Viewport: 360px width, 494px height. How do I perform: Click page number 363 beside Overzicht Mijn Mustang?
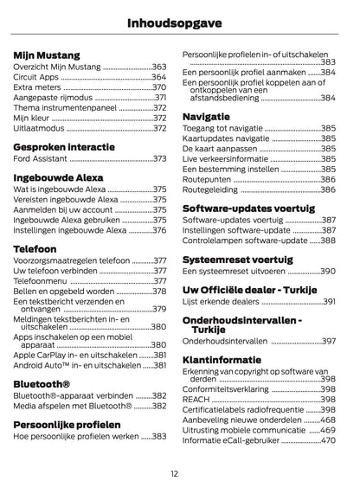click(159, 66)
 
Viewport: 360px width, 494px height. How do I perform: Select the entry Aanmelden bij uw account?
click(63, 209)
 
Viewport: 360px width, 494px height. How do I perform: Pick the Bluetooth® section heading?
click(42, 381)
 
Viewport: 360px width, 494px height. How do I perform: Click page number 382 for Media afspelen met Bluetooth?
click(159, 405)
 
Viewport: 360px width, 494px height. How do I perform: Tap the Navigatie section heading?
click(206, 115)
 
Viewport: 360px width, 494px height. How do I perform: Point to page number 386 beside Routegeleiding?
click(328, 189)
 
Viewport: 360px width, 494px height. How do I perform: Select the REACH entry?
click(197, 399)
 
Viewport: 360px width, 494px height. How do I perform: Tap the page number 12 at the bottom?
click(174, 472)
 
